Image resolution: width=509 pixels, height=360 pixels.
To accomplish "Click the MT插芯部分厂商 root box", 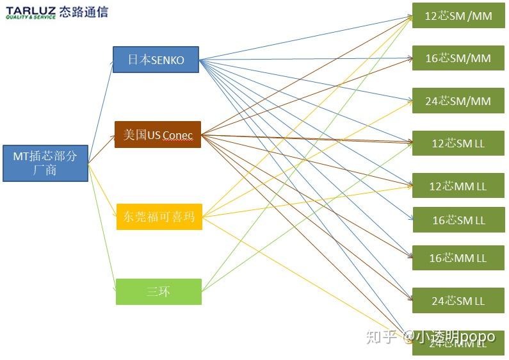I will tap(45, 163).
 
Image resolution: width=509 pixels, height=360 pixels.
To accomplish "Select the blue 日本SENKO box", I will tap(156, 60).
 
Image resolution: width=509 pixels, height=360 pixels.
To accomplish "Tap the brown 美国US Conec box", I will tap(158, 135).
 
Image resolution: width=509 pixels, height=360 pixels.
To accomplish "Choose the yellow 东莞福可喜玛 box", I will tap(159, 217).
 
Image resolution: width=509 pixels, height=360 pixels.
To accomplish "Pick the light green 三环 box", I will tap(158, 291).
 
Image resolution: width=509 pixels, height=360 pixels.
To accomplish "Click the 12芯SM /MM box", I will tap(458, 16).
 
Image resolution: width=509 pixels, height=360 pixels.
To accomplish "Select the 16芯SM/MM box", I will tap(458, 58).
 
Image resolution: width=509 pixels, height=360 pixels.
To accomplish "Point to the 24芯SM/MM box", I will tap(458, 101).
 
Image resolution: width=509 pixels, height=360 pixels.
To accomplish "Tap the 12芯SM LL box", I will tap(458, 143).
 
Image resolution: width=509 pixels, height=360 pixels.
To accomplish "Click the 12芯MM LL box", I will tap(458, 186).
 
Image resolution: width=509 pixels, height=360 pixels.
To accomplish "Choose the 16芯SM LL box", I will tap(458, 220).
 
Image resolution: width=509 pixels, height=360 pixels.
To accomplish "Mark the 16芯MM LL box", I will tap(458, 258).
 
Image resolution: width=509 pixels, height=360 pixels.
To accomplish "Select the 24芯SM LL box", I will tap(458, 300).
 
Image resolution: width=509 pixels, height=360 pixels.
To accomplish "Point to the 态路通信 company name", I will tap(83, 12).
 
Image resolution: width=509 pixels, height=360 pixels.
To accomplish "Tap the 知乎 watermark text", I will tap(381, 337).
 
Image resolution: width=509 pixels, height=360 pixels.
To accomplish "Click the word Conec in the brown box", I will tap(177, 135).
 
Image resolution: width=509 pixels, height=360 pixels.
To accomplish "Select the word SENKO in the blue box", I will tap(168, 60).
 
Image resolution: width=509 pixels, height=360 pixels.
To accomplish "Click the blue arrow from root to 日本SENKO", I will tap(101, 110).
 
